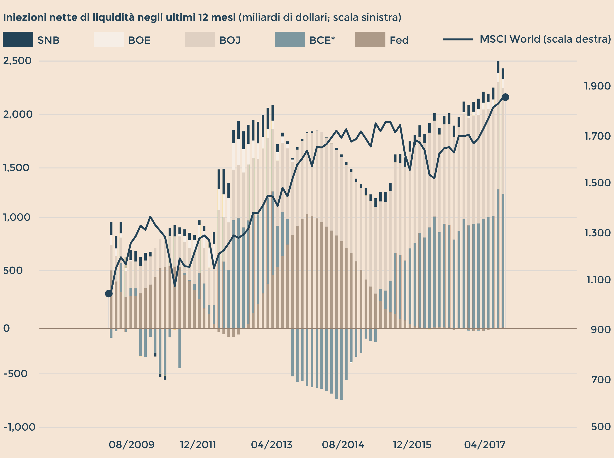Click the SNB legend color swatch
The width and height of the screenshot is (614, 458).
point(18,39)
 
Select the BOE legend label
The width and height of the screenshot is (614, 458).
point(139,40)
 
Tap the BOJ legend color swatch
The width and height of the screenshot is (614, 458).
point(200,39)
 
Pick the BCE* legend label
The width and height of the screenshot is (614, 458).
point(322,40)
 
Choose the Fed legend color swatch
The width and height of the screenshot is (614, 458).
point(370,39)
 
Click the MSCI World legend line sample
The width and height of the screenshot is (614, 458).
point(458,39)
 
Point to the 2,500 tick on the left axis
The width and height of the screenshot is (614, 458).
point(17,61)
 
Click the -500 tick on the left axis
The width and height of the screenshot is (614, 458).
point(15,374)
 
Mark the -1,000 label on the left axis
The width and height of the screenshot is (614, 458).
point(19,427)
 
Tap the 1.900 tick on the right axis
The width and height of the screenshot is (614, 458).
point(597,86)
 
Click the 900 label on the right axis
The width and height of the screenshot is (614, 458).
point(601,330)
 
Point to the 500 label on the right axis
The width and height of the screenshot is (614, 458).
point(601,426)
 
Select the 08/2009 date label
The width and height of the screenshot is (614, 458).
point(132,445)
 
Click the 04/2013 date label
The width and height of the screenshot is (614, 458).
point(271,445)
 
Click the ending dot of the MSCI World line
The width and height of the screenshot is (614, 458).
point(505,97)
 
